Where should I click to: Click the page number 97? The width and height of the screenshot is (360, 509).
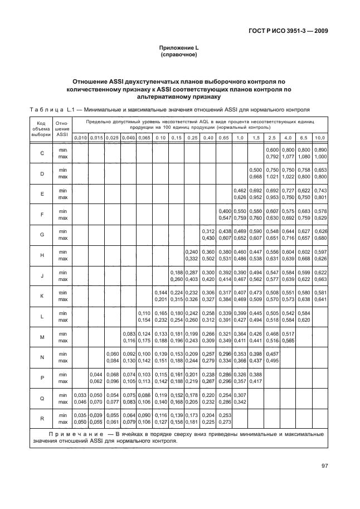pyautogui.click(x=324, y=466)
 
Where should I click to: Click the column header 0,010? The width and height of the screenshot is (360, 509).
pyautogui.click(x=80, y=137)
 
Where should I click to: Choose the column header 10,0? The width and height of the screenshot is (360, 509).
pyautogui.click(x=320, y=137)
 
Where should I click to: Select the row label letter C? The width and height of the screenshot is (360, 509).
pyautogui.click(x=42, y=153)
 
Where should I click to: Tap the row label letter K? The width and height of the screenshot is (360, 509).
pyautogui.click(x=42, y=296)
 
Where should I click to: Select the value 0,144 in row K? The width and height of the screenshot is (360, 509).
pyautogui.click(x=160, y=292)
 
